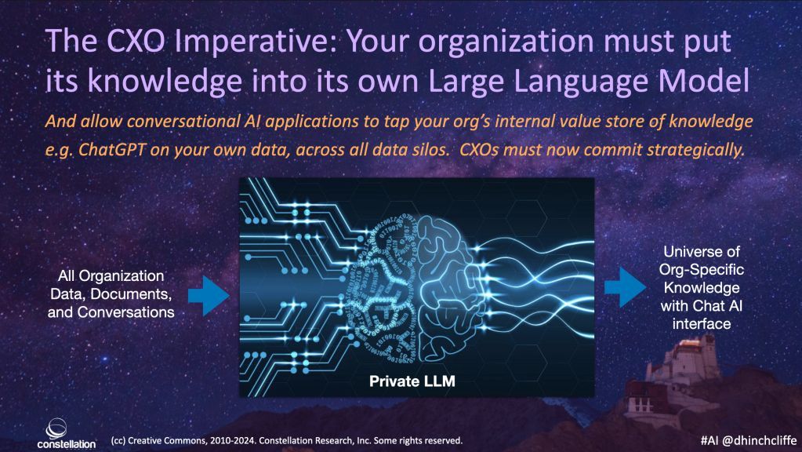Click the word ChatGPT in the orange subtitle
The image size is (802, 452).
coord(111,149)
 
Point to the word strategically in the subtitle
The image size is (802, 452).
coord(695,149)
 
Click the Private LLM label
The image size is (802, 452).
coord(412,381)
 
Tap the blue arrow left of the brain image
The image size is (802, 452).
coord(209,295)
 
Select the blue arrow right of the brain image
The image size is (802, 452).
coord(625,287)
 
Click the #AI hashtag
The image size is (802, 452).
coord(709,439)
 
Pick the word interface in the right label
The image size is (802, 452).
coord(701,324)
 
